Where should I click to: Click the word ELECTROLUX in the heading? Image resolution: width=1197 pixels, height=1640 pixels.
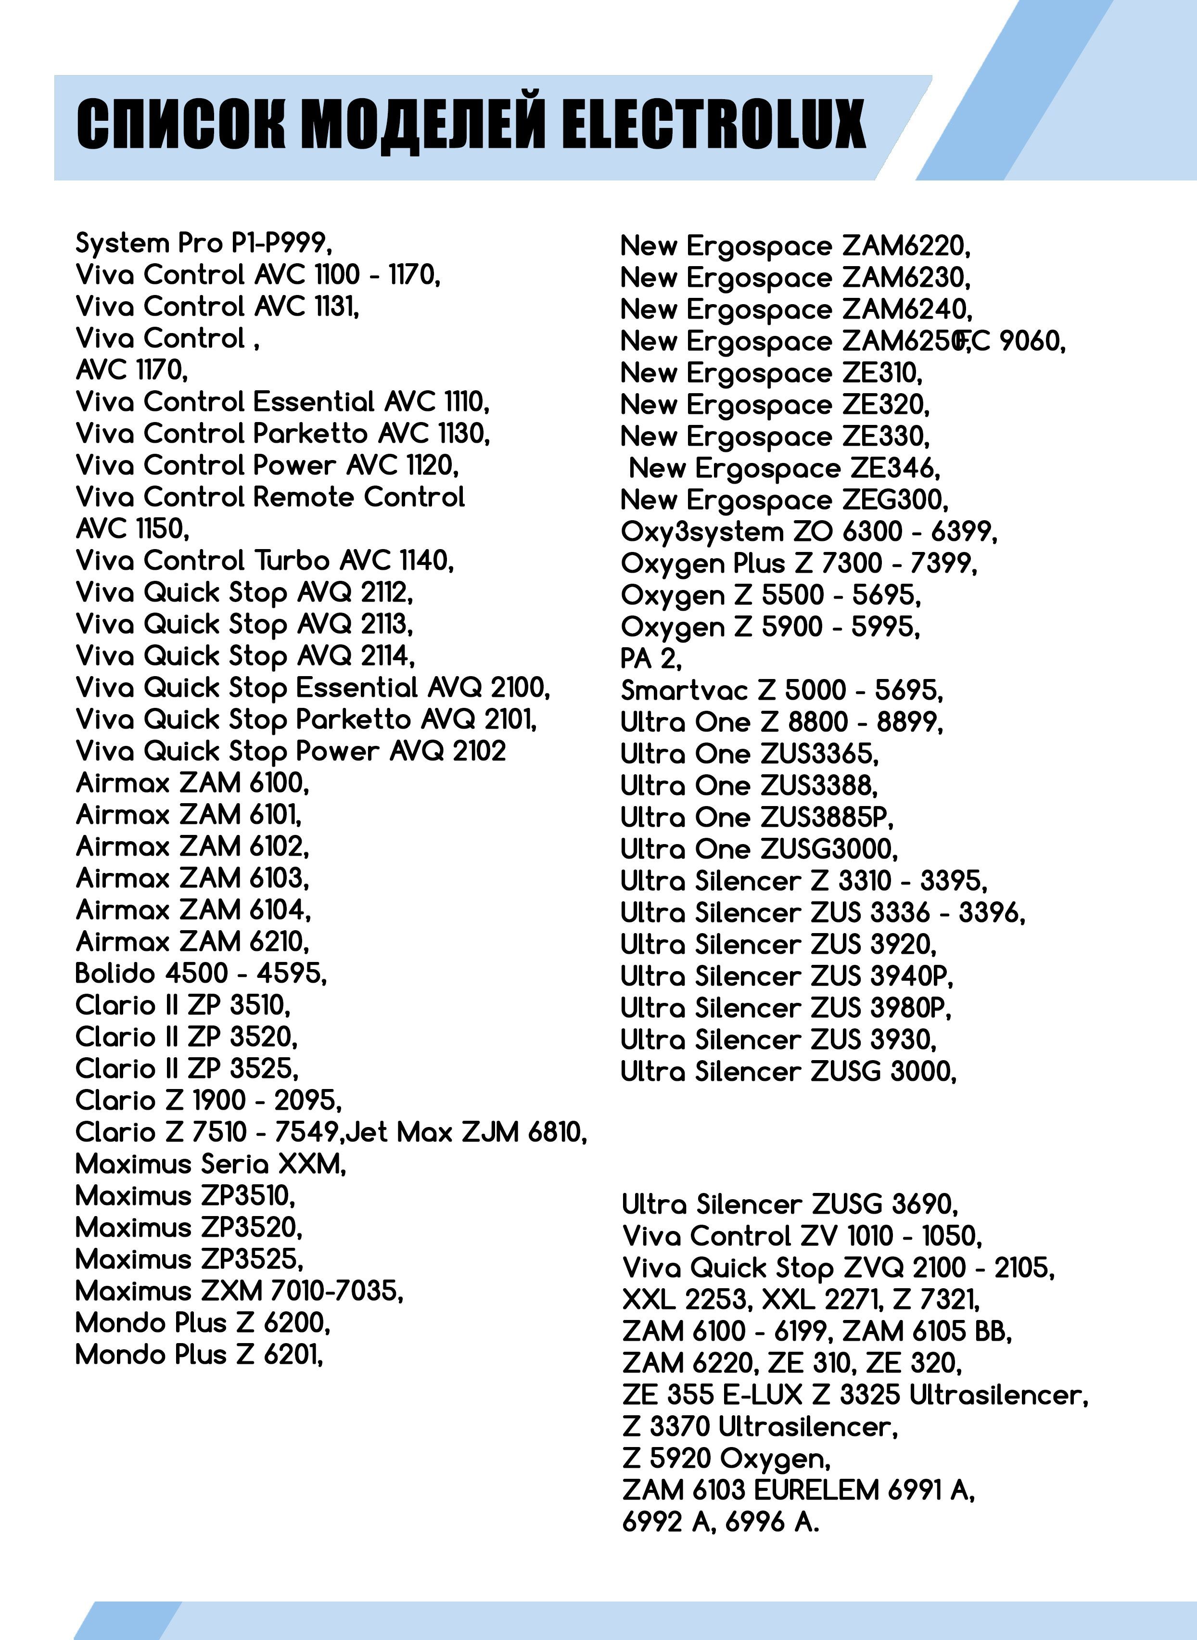tap(713, 125)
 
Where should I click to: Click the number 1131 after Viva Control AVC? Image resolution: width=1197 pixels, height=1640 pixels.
tap(336, 307)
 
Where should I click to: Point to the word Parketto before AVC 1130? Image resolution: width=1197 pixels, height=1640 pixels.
tap(310, 434)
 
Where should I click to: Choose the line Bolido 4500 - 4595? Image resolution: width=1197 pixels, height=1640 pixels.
tap(201, 974)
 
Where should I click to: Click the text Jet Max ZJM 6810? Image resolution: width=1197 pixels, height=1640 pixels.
tap(466, 1132)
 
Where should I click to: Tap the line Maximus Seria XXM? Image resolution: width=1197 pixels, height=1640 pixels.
tap(211, 1164)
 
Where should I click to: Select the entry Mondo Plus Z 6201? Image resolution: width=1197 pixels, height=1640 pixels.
tap(199, 1355)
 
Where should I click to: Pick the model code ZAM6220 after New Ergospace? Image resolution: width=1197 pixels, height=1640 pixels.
tap(906, 246)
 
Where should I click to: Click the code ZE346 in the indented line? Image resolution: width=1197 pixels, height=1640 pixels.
tap(895, 469)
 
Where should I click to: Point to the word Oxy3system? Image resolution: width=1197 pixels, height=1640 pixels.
tap(702, 532)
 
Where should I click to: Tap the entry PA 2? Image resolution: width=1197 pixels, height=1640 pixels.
tap(650, 659)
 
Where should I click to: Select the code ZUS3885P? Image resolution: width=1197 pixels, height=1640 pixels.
tap(827, 818)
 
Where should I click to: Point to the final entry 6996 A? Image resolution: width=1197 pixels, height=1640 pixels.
tap(772, 1522)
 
